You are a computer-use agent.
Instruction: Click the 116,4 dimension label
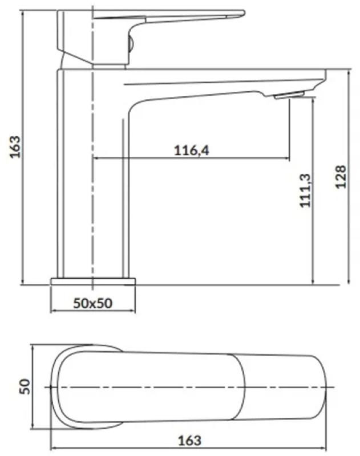[x=191, y=150]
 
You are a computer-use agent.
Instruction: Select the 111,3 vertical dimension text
[x=305, y=190]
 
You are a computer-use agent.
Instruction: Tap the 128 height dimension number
[x=341, y=177]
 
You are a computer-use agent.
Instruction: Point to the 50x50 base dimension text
[x=92, y=303]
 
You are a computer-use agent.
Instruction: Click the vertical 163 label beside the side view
[x=15, y=147]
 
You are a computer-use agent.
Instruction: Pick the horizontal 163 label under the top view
[x=189, y=440]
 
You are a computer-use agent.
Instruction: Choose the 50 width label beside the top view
[x=25, y=386]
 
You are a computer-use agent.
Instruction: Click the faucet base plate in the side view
[x=93, y=281]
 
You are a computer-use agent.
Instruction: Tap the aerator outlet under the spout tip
[x=289, y=95]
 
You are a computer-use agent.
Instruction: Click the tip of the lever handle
[x=244, y=13]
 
